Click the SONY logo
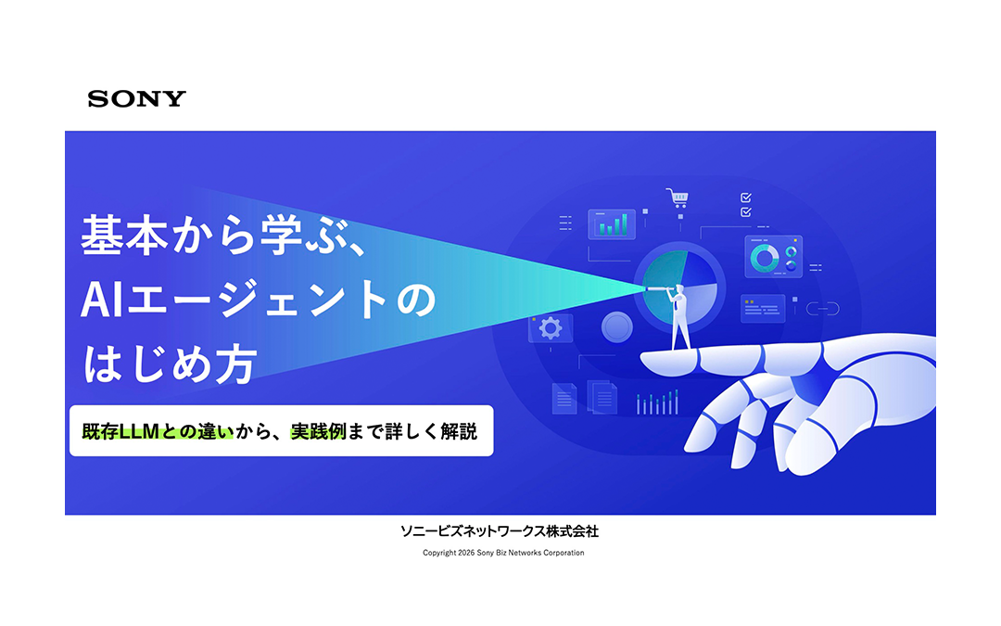(137, 98)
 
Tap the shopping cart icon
(677, 198)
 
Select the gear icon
(551, 327)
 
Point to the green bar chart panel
(612, 224)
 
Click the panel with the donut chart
(773, 257)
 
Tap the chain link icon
(822, 308)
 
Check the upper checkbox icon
(746, 197)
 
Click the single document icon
(564, 398)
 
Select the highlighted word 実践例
(319, 431)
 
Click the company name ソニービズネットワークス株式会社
(500, 531)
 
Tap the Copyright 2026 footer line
(503, 553)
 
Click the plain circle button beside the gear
(616, 326)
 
